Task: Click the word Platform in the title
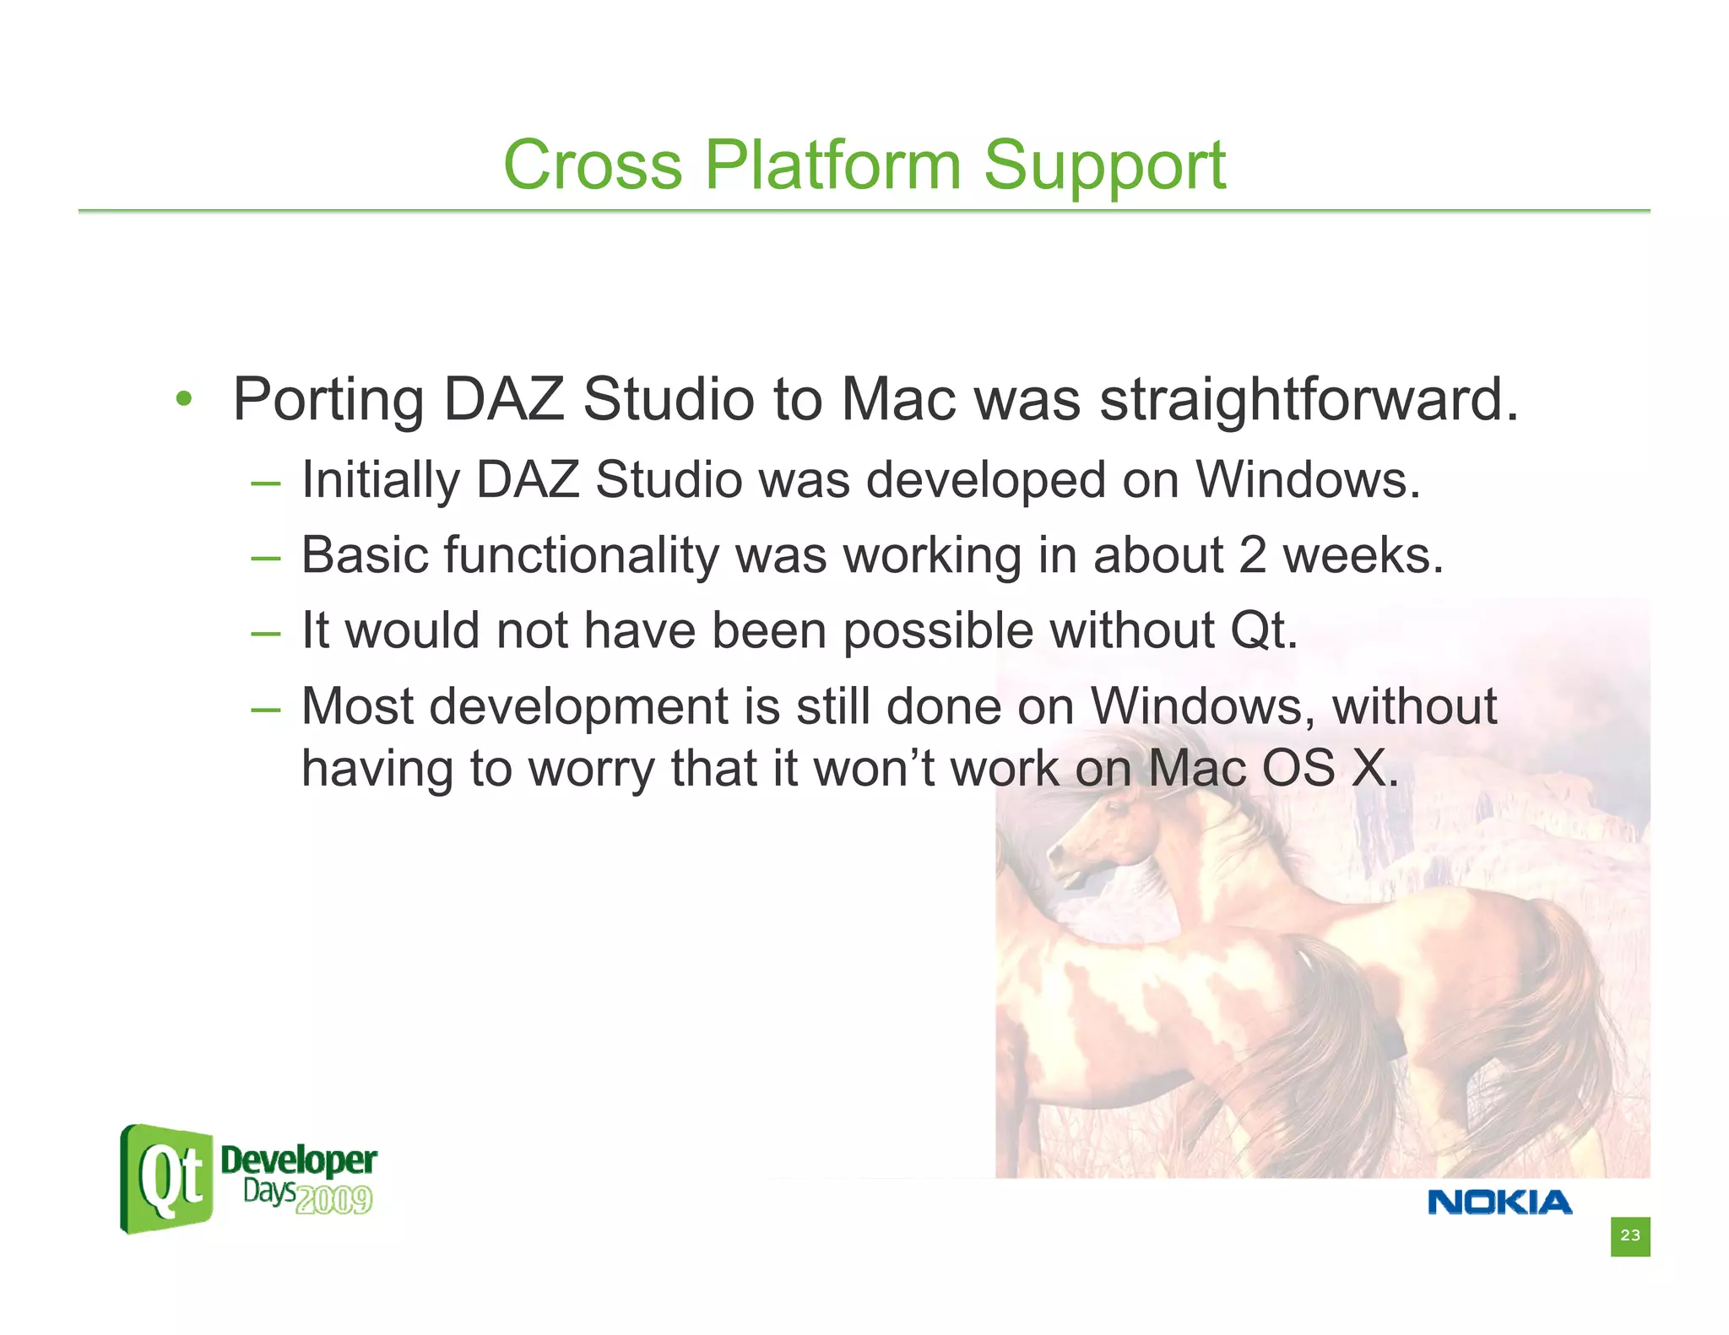[x=832, y=165]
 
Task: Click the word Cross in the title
[x=592, y=165]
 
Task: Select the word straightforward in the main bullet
[x=1308, y=399]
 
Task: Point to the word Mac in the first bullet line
[x=900, y=399]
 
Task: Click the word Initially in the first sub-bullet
[x=380, y=480]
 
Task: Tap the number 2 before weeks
[x=1252, y=555]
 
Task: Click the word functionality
[x=581, y=555]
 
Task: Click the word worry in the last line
[x=590, y=769]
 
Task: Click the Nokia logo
[x=1499, y=1202]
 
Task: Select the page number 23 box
[x=1629, y=1236]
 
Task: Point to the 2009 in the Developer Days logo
[x=334, y=1199]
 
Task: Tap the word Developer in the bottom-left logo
[x=298, y=1160]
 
